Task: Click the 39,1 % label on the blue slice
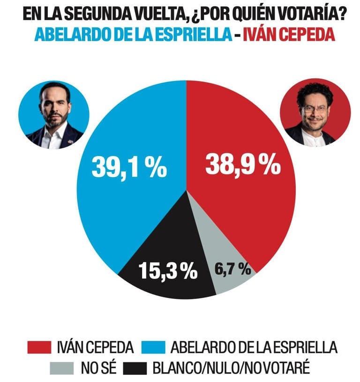129,167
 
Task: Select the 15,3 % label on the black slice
168,271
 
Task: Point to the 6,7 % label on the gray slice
233,269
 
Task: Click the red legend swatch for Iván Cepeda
40,347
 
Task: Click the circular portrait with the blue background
53,115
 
